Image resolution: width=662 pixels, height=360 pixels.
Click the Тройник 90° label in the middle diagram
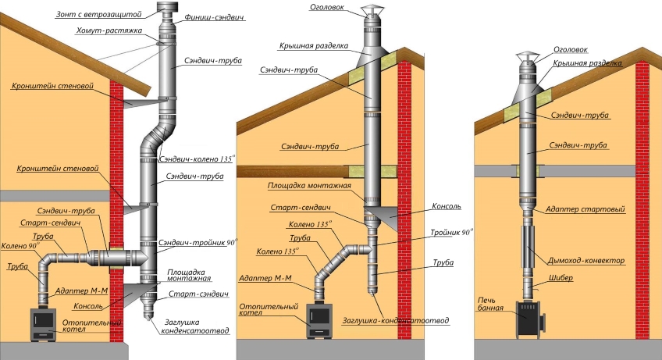pyautogui.click(x=449, y=233)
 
